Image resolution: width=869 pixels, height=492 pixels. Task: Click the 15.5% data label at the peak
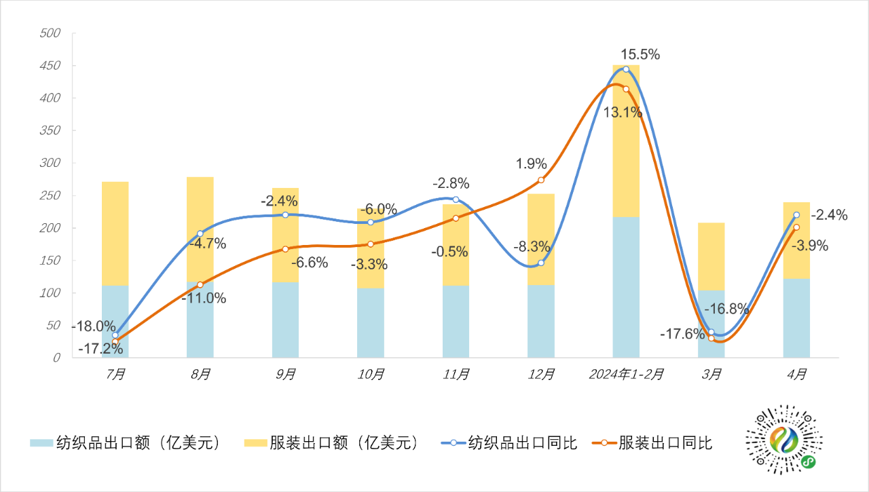pyautogui.click(x=640, y=55)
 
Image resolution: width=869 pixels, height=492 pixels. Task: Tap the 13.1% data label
pyautogui.click(x=623, y=113)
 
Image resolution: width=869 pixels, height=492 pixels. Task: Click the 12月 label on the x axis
pyautogui.click(x=541, y=374)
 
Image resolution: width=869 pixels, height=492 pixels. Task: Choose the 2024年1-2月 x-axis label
pyautogui.click(x=626, y=374)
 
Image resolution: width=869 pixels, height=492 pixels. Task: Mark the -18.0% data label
pyautogui.click(x=93, y=326)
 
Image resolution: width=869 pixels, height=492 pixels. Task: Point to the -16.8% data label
pyautogui.click(x=726, y=309)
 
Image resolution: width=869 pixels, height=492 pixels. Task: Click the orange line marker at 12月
pyautogui.click(x=541, y=180)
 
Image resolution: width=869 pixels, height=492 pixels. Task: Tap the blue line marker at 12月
pyautogui.click(x=541, y=263)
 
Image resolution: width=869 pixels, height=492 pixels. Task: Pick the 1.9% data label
pyautogui.click(x=531, y=164)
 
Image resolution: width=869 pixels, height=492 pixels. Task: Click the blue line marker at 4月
pyautogui.click(x=796, y=215)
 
